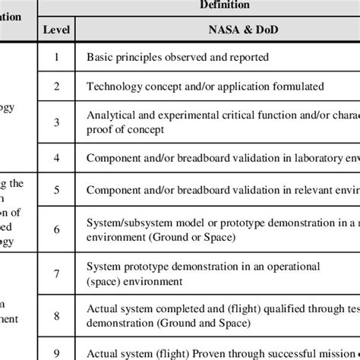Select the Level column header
pos(57,31)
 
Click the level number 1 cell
pos(57,56)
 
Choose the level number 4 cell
pos(57,157)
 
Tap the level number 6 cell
pos(57,228)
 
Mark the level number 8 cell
pos(57,314)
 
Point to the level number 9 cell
pos(57,352)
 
